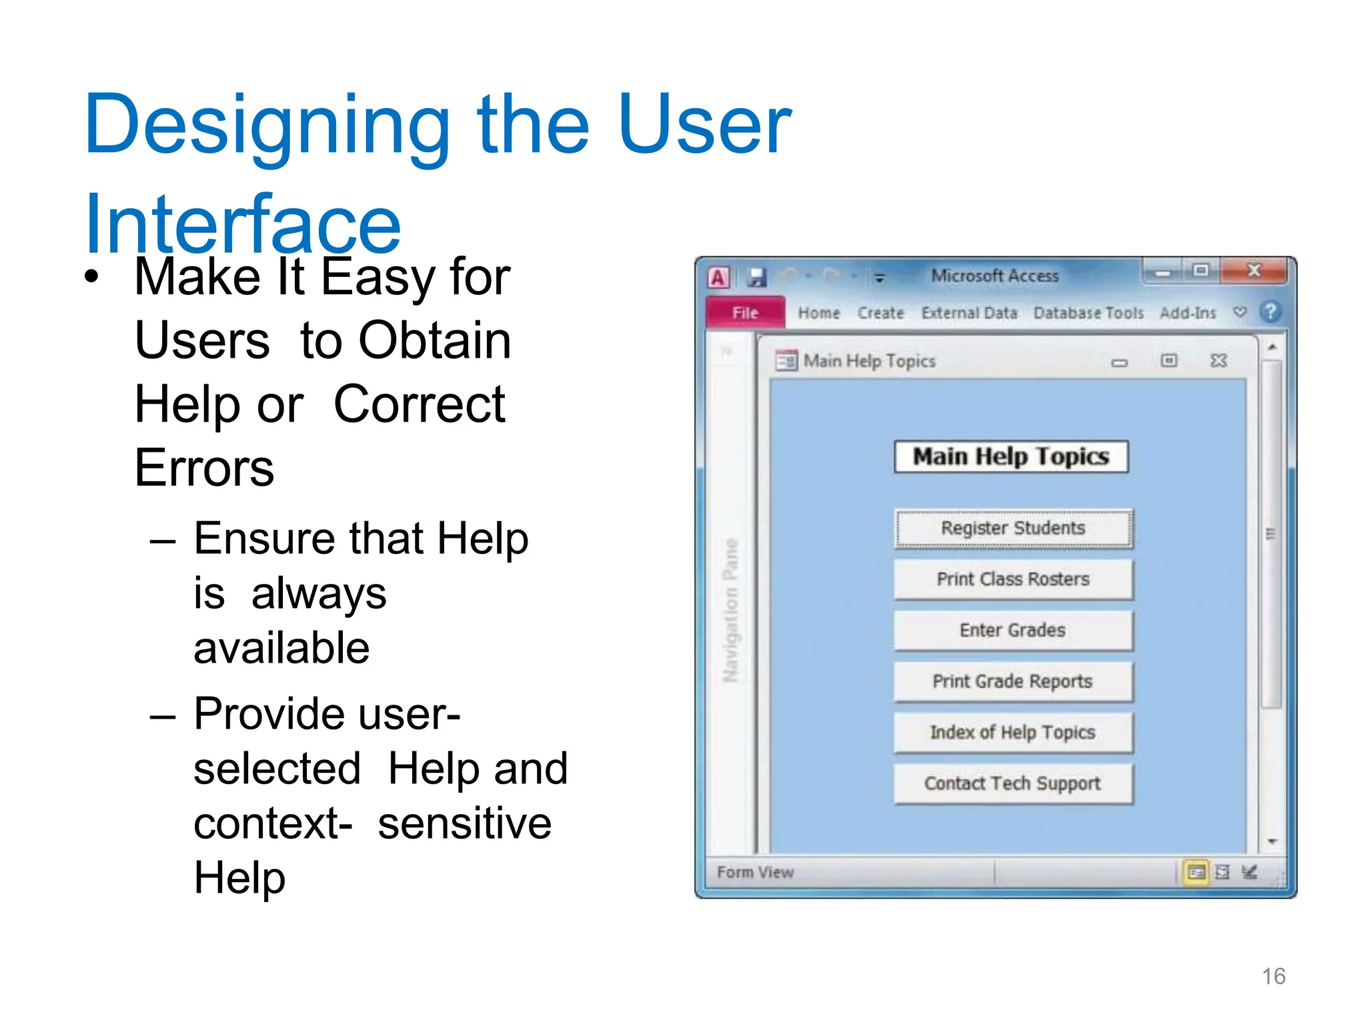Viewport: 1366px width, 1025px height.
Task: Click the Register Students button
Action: (x=1012, y=529)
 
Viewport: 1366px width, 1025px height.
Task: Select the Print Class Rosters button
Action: (x=1012, y=579)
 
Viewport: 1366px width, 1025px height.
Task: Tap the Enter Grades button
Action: (x=1012, y=631)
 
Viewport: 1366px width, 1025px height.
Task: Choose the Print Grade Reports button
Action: (x=1012, y=681)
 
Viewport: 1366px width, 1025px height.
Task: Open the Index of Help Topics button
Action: (x=1012, y=733)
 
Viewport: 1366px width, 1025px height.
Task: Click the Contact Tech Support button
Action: (x=1012, y=783)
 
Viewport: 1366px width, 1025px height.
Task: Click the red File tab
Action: (x=745, y=313)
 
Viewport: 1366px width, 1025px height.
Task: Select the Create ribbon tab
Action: (x=880, y=313)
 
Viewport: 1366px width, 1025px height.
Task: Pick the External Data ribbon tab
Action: (x=969, y=313)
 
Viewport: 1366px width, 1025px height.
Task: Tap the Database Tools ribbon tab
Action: (x=1088, y=313)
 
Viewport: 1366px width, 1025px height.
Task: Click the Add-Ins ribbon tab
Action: (x=1187, y=313)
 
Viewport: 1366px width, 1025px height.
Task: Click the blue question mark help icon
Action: (x=1270, y=312)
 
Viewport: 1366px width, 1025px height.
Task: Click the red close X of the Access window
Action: (x=1254, y=271)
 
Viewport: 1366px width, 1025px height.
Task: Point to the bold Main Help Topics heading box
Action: (x=1010, y=456)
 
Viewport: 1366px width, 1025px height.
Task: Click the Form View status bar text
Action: (x=755, y=872)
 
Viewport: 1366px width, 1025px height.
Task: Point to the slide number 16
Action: (x=1273, y=976)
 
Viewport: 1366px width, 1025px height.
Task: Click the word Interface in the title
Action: (x=243, y=224)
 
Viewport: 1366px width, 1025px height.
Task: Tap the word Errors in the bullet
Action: (x=204, y=468)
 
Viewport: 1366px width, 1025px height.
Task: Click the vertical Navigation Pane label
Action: (x=731, y=610)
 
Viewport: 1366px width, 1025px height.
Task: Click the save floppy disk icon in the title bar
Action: (x=756, y=277)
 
